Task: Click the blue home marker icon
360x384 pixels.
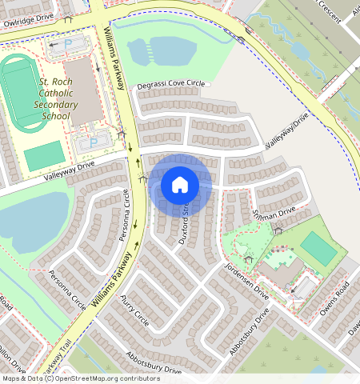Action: tap(180, 185)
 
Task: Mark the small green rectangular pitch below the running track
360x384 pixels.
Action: tap(43, 155)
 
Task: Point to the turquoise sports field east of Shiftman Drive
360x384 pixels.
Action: tap(319, 248)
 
